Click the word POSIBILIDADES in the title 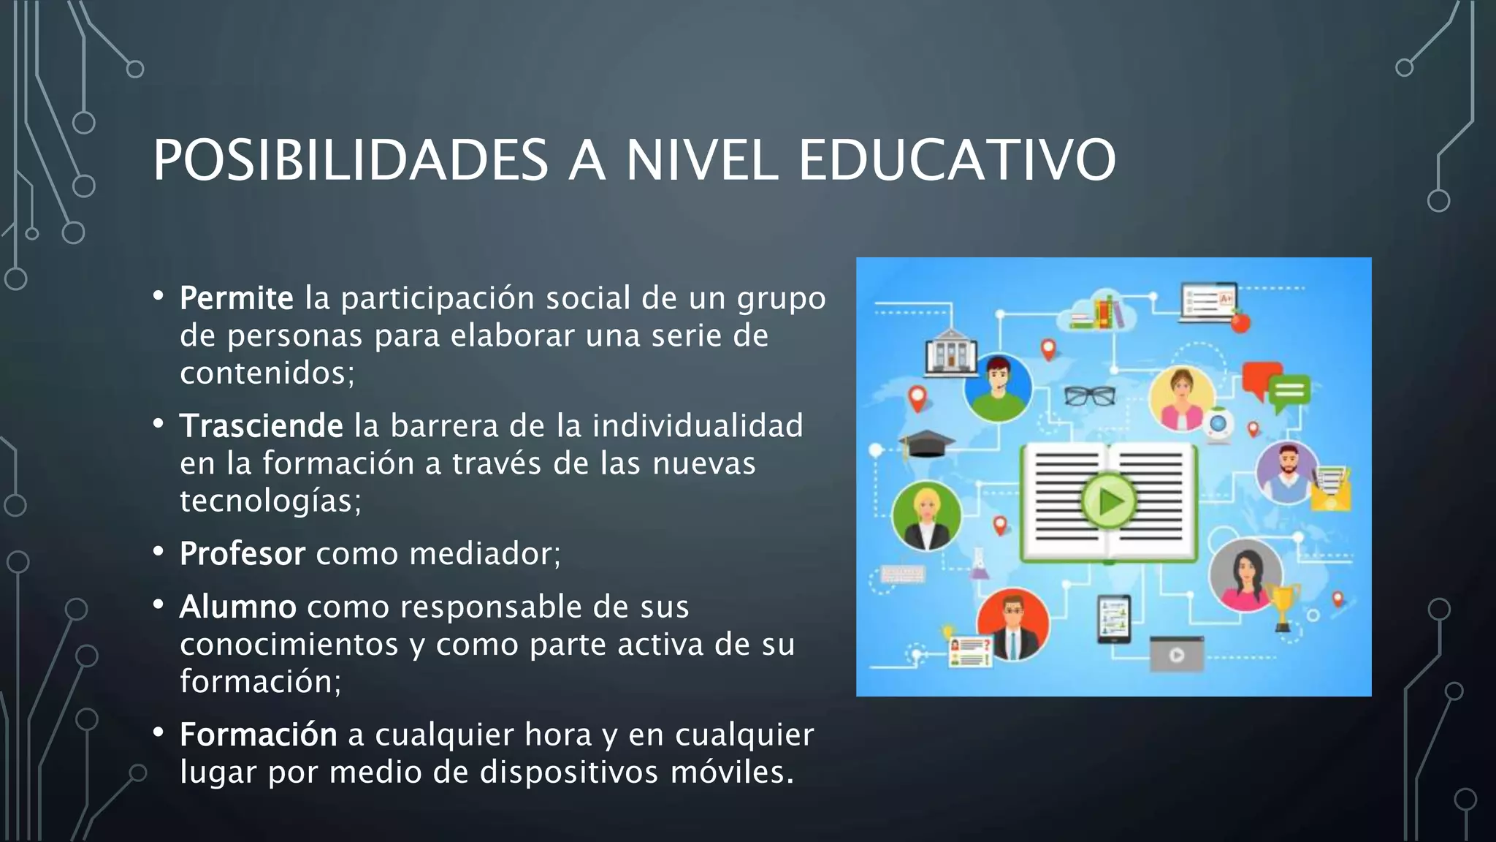[x=351, y=161]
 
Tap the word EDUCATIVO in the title [x=957, y=161]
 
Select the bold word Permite [x=236, y=298]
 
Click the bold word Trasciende [x=261, y=426]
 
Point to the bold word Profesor [x=242, y=554]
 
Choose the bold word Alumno [x=237, y=607]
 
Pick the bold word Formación [x=258, y=735]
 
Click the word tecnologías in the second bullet [x=270, y=501]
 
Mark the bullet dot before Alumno [x=159, y=605]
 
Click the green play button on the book [x=1109, y=501]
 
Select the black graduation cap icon [x=926, y=443]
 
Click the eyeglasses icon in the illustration [x=1089, y=395]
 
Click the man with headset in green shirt [x=997, y=388]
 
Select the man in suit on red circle [x=1013, y=626]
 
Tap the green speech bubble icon [x=1289, y=391]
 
